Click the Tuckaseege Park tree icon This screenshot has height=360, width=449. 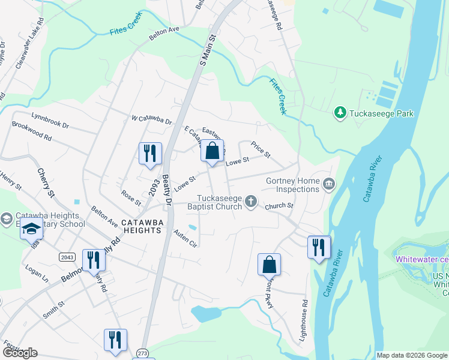pyautogui.click(x=340, y=113)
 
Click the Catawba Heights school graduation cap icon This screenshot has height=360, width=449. pyautogui.click(x=31, y=229)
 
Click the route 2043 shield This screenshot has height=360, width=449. pyautogui.click(x=67, y=257)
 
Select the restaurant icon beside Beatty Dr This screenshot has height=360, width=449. pyautogui.click(x=150, y=153)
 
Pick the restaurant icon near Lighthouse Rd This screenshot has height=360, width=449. pyautogui.click(x=319, y=247)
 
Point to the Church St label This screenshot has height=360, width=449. pyautogui.click(x=280, y=206)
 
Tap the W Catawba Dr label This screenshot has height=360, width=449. pyautogui.click(x=151, y=119)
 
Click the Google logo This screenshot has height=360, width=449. pyautogui.click(x=20, y=352)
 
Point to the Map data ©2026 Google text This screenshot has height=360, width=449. pyautogui.click(x=411, y=355)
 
